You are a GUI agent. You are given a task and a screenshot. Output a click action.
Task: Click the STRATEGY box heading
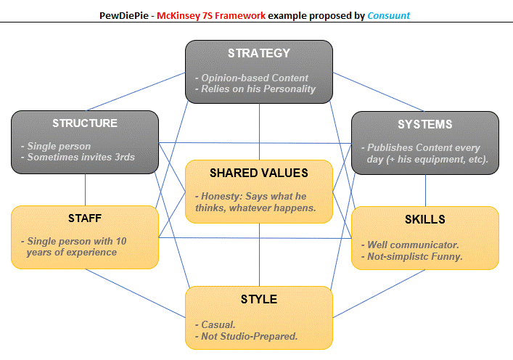[259, 53]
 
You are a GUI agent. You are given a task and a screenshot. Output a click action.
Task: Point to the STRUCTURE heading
[85, 123]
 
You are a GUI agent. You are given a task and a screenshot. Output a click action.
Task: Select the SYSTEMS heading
[425, 124]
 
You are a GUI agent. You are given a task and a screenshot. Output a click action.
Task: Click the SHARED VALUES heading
[259, 173]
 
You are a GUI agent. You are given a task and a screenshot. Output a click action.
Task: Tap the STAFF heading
[85, 218]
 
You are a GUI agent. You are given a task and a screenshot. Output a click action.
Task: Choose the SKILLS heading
[425, 218]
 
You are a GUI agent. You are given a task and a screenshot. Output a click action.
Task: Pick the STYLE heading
[259, 298]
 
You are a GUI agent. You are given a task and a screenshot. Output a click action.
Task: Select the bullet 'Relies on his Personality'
[258, 89]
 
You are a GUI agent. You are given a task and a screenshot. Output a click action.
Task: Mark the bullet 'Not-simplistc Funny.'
[414, 256]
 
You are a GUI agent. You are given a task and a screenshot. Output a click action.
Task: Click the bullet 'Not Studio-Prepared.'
[250, 336]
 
